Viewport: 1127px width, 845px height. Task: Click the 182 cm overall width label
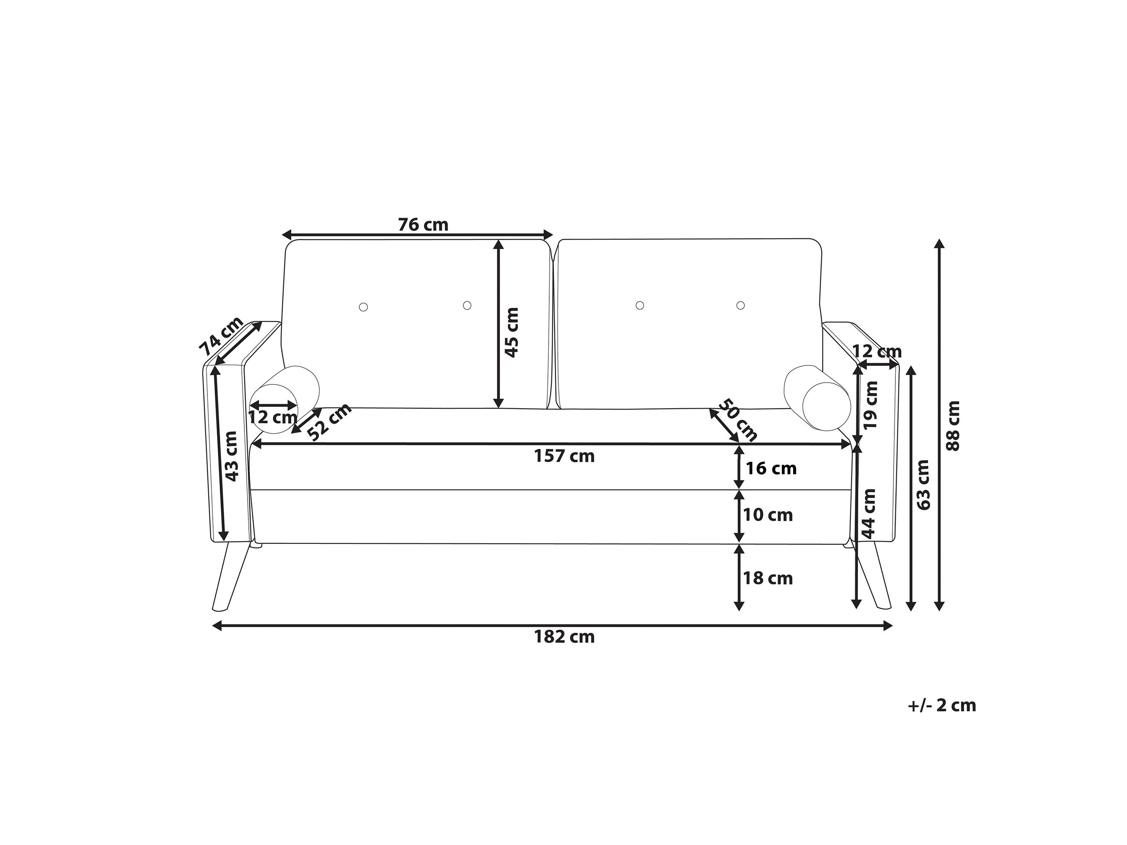click(564, 637)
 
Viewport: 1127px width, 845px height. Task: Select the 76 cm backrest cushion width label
click(423, 225)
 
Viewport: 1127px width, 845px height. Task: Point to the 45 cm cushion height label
click(511, 332)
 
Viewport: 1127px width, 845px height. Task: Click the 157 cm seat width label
click(564, 456)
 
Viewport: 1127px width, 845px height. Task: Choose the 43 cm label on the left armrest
click(231, 456)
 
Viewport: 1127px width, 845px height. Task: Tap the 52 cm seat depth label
click(330, 422)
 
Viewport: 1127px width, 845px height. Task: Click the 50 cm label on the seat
click(738, 420)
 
